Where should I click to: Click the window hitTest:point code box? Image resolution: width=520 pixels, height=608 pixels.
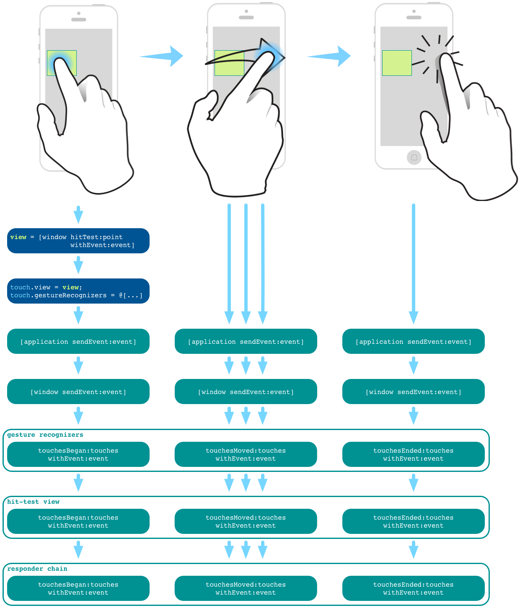pos(78,241)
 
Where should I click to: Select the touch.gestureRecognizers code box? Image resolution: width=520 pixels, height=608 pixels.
pos(78,291)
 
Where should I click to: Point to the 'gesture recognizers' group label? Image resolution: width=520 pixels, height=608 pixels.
pos(45,435)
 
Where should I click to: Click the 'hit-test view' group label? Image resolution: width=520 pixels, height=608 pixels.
pos(33,502)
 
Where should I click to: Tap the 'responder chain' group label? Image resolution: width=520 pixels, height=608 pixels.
pos(37,569)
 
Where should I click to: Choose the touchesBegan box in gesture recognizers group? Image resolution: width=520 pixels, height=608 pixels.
pos(78,454)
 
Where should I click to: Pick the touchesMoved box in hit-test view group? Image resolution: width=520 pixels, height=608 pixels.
pos(246,521)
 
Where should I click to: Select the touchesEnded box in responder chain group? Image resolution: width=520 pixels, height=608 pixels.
pos(413,588)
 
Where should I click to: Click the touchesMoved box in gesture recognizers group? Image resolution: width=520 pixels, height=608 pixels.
pos(246,454)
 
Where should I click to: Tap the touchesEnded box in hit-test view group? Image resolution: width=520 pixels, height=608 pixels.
pos(413,521)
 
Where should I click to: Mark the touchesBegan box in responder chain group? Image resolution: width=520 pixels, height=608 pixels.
pos(78,588)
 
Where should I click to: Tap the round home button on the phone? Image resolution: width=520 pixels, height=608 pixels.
pos(414,157)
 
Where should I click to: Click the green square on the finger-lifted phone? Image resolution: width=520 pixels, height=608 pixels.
pos(397,63)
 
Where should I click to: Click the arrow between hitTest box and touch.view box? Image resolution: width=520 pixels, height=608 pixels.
pos(78,265)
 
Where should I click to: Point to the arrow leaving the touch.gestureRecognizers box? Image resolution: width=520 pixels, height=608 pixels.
pos(78,315)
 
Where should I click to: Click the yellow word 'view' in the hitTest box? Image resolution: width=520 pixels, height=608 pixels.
pos(18,237)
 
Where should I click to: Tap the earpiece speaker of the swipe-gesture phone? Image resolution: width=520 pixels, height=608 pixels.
pos(246,18)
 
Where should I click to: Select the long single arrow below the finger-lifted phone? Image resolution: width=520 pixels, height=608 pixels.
pos(414,264)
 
